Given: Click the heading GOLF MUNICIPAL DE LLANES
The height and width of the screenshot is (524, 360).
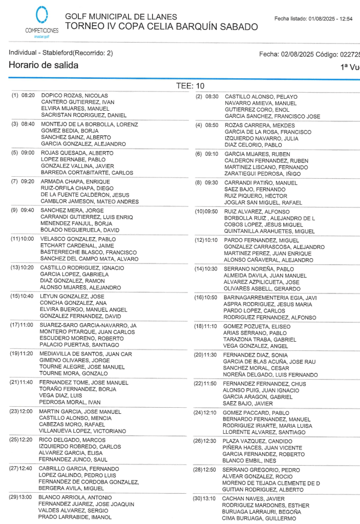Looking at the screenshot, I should click(x=121, y=17).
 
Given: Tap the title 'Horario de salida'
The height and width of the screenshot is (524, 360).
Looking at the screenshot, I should click(x=44, y=65).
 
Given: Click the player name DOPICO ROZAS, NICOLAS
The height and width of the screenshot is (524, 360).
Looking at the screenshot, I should click(x=74, y=96).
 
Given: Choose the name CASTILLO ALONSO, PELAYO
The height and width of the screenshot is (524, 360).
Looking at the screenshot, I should click(x=261, y=97).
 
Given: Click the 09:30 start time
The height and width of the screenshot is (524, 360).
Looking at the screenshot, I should click(x=211, y=183).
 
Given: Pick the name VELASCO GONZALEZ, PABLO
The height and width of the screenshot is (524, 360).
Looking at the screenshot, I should click(x=78, y=239).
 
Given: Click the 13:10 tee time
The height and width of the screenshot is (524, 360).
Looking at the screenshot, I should click(x=211, y=498).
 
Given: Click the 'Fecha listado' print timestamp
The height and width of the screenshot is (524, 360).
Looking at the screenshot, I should click(x=313, y=19).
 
